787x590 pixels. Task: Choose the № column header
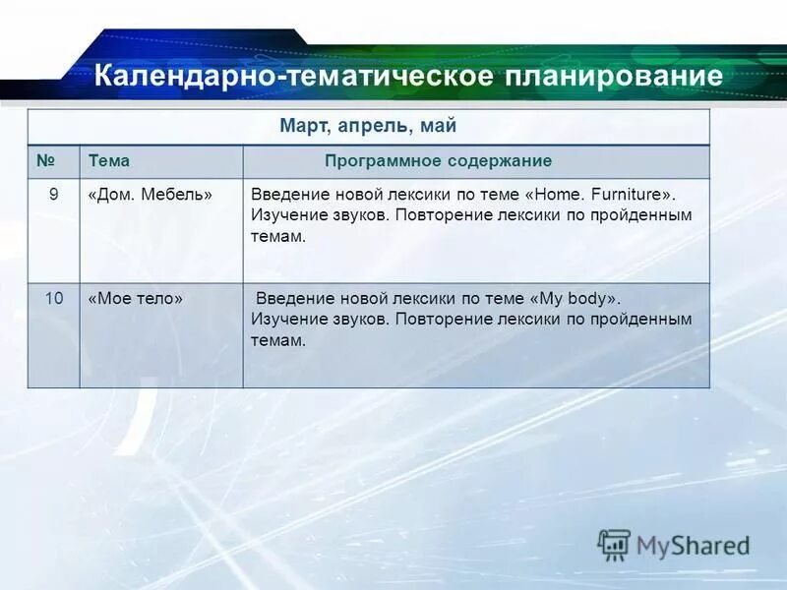[44, 160]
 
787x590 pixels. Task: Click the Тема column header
[108, 160]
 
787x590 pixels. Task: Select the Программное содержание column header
[439, 160]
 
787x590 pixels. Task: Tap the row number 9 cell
[54, 194]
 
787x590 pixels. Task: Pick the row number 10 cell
[54, 297]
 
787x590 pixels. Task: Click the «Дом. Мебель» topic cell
[151, 194]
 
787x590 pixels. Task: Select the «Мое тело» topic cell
[136, 297]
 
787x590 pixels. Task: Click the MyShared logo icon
[615, 545]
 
